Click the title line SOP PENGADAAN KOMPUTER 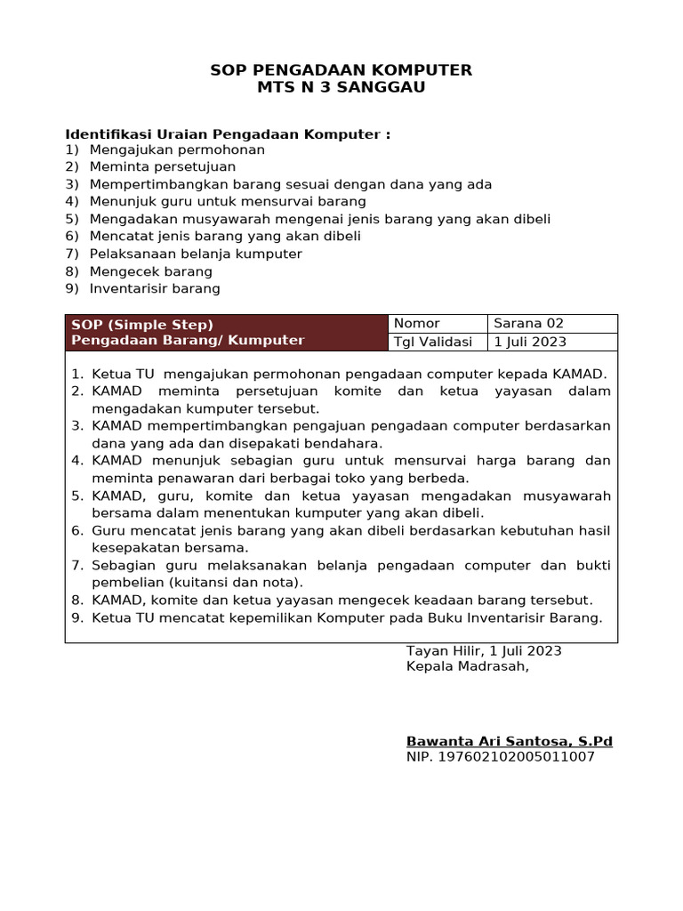coord(341,70)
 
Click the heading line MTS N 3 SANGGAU coord(341,87)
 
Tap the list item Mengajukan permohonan coord(177,149)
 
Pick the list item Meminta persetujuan coord(163,166)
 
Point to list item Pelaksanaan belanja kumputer coord(196,254)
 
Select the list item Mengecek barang coord(151,271)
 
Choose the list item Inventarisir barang coord(155,288)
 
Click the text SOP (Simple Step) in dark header coord(142,325)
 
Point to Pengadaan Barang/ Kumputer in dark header coord(188,340)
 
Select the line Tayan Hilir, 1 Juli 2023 coord(484,651)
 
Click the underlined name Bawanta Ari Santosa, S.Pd coord(510,741)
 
